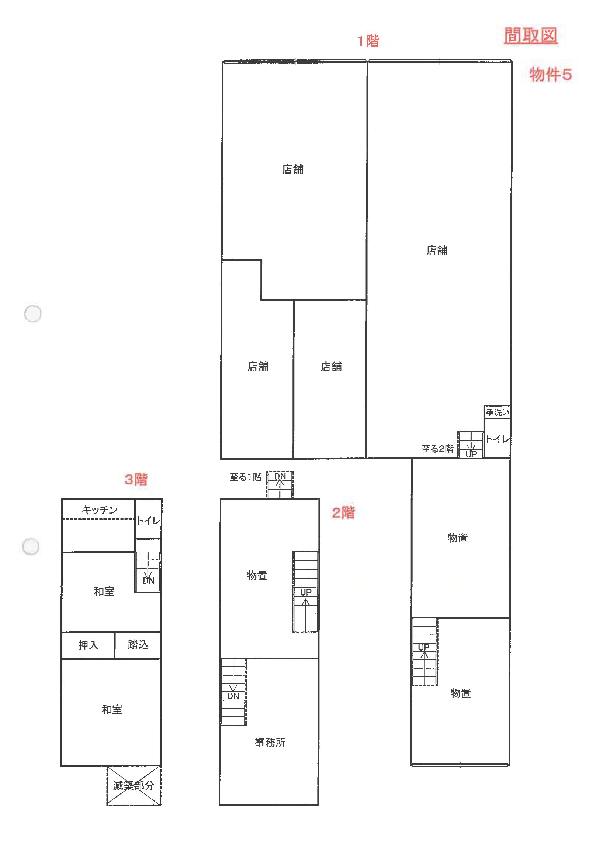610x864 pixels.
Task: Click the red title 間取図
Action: (530, 36)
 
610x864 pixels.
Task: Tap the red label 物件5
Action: (551, 75)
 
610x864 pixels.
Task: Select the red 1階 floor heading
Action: (368, 41)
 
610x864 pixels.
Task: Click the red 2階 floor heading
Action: (343, 512)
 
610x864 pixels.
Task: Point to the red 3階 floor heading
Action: (136, 479)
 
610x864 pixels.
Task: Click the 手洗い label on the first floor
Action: (497, 412)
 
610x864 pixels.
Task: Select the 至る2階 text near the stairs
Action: (437, 449)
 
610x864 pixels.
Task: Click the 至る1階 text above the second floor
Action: (246, 477)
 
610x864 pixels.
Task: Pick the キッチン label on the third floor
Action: (100, 510)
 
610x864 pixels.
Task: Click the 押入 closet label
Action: (88, 645)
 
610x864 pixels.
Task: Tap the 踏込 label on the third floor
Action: (138, 644)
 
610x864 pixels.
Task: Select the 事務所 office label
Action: (270, 743)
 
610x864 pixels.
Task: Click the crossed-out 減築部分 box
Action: (134, 786)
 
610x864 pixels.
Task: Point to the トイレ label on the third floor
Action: (148, 521)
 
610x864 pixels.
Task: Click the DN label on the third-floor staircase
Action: (149, 581)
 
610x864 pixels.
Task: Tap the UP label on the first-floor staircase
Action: (471, 454)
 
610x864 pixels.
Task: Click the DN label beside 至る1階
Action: (280, 476)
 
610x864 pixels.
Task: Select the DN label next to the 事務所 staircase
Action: (233, 696)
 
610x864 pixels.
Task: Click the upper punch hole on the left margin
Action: (33, 313)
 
